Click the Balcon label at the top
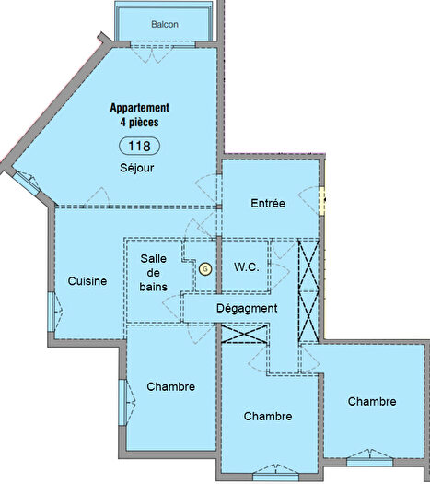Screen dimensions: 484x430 165,24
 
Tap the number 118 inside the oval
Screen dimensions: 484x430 139,146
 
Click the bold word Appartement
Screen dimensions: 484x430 139,108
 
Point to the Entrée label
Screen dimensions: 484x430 268,203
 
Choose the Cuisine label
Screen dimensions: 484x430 87,281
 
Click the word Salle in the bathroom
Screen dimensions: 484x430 153,260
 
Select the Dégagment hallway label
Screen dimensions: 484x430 246,308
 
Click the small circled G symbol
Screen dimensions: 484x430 205,268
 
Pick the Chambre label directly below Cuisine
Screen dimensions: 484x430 170,387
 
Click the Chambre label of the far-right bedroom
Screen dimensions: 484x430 372,402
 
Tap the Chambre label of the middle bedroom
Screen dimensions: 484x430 268,417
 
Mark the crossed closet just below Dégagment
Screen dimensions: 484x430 247,334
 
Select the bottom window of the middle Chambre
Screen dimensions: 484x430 268,477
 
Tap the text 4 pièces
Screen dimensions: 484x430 139,122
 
